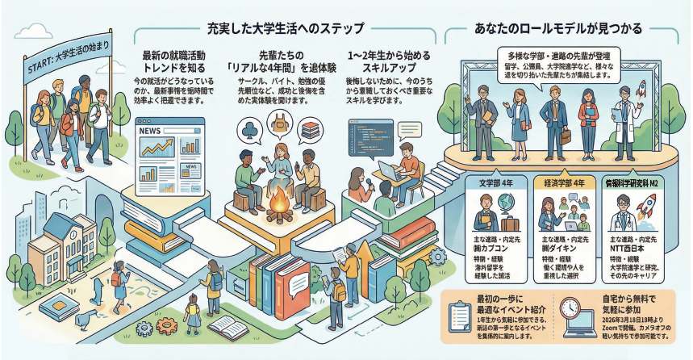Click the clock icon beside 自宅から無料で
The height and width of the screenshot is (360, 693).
(x=570, y=308)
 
